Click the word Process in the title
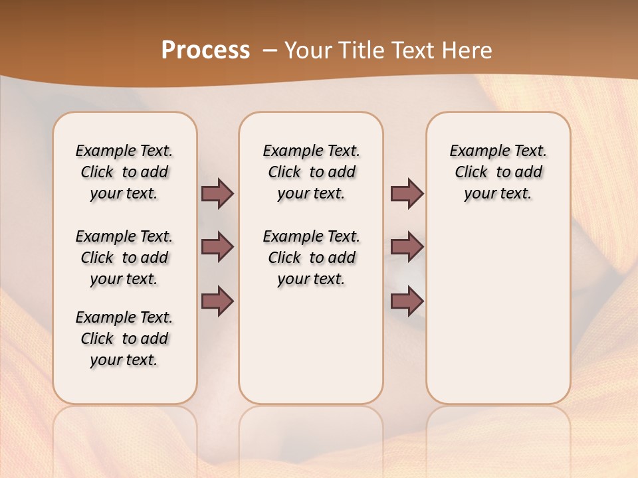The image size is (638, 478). coord(205,50)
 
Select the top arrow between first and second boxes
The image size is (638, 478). coord(217,193)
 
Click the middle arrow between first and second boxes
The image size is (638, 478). coord(217,247)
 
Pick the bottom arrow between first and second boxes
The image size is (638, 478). coord(217,301)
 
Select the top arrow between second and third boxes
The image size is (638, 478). coord(407,193)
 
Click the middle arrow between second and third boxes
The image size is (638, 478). coord(407,247)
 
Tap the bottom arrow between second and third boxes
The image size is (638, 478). coord(407,301)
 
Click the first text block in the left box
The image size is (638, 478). coord(124,172)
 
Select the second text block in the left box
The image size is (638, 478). coord(124,258)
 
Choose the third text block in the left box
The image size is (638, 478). coord(124,339)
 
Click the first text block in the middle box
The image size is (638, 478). coord(311,172)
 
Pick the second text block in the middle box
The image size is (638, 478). coord(311,258)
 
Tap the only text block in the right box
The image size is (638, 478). coord(498,172)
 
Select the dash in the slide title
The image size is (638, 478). coord(269,50)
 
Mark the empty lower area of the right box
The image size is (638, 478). coord(498,312)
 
